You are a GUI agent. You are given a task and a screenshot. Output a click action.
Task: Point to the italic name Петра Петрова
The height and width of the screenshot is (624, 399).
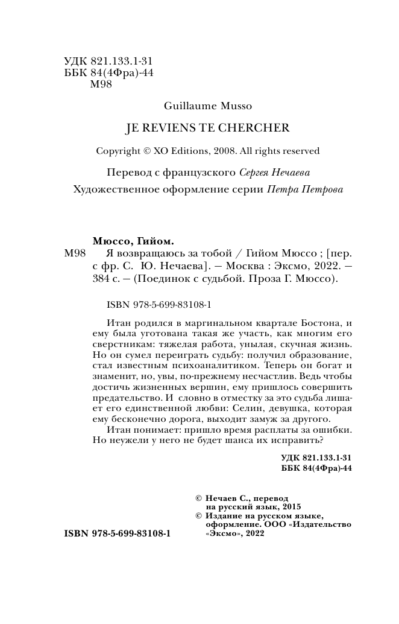[x=304, y=189]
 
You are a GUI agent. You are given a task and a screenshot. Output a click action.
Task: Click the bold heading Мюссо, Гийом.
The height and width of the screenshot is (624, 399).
[x=131, y=240]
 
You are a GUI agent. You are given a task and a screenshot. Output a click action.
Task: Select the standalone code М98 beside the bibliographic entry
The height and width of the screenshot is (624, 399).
[x=77, y=254]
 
